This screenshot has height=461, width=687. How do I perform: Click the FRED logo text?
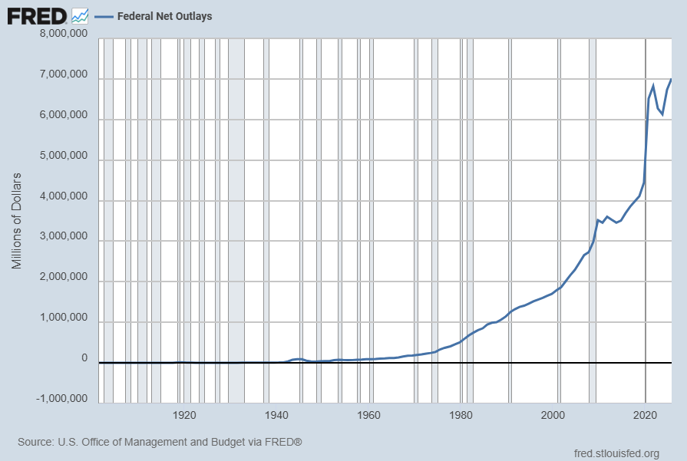pyautogui.click(x=37, y=17)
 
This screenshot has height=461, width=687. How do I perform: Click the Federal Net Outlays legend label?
pyautogui.click(x=165, y=16)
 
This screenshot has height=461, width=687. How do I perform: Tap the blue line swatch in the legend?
pyautogui.click(x=104, y=17)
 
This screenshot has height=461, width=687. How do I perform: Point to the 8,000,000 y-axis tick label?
pyautogui.click(x=64, y=33)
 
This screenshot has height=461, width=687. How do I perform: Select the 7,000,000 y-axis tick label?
pyautogui.click(x=64, y=74)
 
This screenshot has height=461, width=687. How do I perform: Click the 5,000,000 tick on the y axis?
pyautogui.click(x=64, y=156)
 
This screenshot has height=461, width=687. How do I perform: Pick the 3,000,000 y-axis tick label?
pyautogui.click(x=64, y=236)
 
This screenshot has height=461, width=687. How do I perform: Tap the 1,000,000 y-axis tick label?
pyautogui.click(x=64, y=318)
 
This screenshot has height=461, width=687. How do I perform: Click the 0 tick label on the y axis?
pyautogui.click(x=84, y=358)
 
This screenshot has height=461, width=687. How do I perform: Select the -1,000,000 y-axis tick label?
pyautogui.click(x=61, y=398)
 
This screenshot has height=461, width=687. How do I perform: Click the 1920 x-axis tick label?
pyautogui.click(x=184, y=415)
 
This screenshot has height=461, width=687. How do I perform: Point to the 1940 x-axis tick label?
pyautogui.click(x=276, y=415)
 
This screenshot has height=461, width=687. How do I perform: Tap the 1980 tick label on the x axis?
pyautogui.click(x=461, y=415)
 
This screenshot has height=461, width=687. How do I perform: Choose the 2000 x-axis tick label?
pyautogui.click(x=553, y=415)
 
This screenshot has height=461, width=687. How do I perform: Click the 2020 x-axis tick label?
pyautogui.click(x=645, y=415)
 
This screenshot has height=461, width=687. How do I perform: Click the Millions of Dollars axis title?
pyautogui.click(x=16, y=221)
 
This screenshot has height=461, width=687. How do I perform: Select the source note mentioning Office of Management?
pyautogui.click(x=160, y=442)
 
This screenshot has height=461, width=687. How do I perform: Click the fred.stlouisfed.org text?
pyautogui.click(x=616, y=453)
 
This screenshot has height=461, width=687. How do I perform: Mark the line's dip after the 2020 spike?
pyautogui.click(x=662, y=114)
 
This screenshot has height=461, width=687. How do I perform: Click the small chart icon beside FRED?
pyautogui.click(x=80, y=16)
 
